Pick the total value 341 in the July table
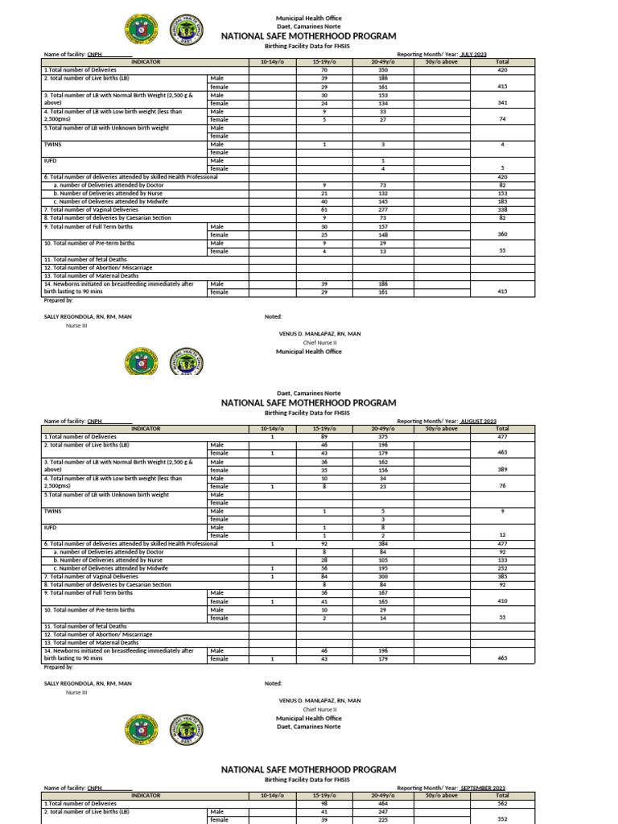tap(502, 103)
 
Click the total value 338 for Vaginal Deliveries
tap(502, 209)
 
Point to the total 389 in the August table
tap(502, 469)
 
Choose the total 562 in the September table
tap(502, 803)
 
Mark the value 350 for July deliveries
tap(383, 70)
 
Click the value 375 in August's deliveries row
tap(383, 437)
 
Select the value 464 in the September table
tap(383, 803)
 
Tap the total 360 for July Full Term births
tap(502, 234)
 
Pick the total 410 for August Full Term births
tap(502, 600)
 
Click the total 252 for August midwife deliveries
tap(502, 568)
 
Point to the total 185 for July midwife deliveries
tap(502, 201)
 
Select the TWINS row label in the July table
tap(52, 144)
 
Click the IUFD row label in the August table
tap(50, 527)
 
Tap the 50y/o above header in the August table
tap(441, 429)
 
